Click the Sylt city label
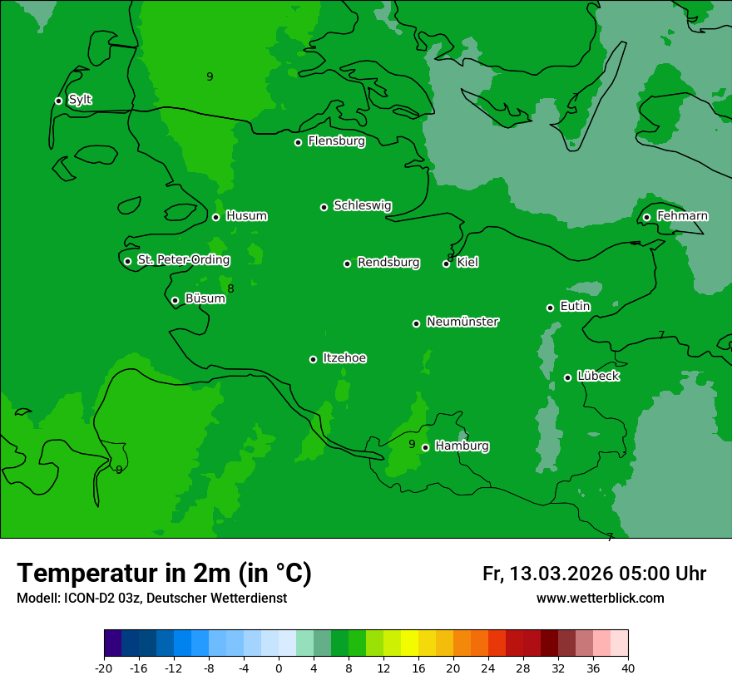pos(80,100)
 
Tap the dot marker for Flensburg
pos(298,142)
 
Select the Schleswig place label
pos(362,205)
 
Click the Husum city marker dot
pos(215,217)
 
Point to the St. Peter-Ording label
pos(183,260)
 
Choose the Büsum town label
pos(205,298)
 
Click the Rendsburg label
pos(388,263)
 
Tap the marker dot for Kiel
pos(446,264)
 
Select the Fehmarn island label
pos(682,216)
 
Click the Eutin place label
pos(575,306)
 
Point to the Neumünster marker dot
pos(416,323)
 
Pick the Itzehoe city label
pos(344,358)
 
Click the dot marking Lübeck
pos(567,377)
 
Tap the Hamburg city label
pos(462,446)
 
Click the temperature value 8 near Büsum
pos(230,288)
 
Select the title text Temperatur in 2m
pos(164,574)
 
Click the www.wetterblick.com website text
pos(600,598)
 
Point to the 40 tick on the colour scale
pos(628,668)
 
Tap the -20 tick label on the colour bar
pos(104,668)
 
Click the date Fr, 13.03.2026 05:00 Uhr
pos(594,574)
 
